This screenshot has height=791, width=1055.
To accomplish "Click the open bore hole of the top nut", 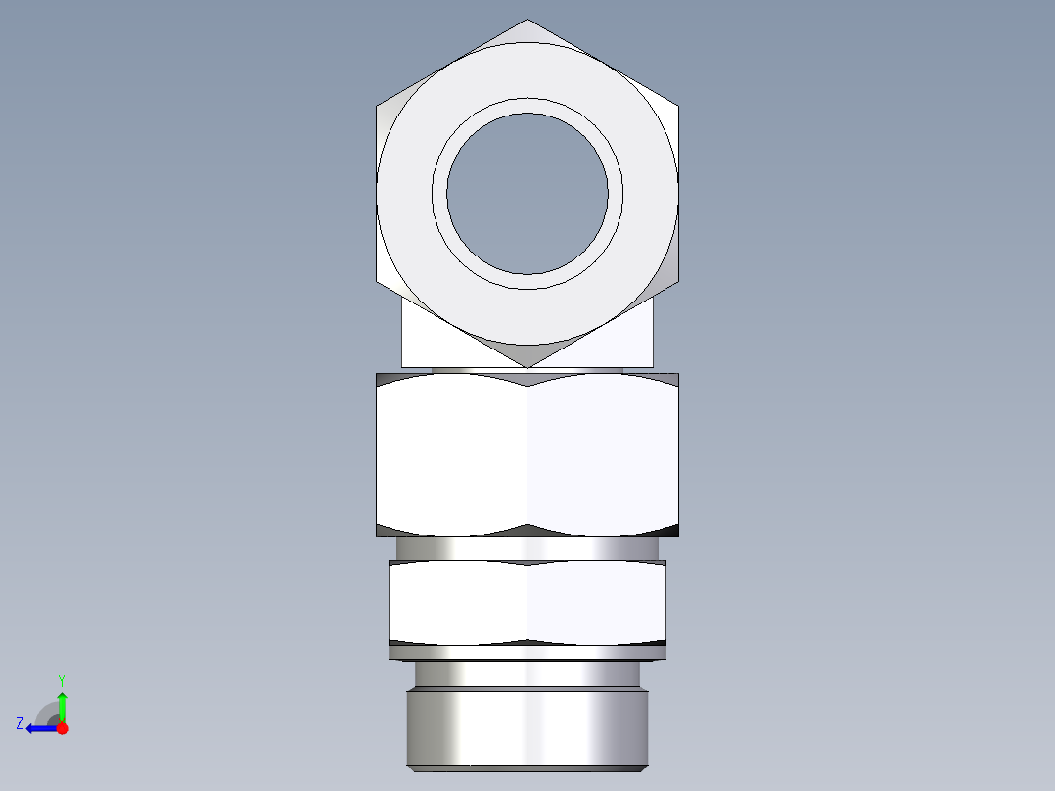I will tap(527, 194).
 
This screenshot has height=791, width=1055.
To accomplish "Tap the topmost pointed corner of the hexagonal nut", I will tap(527, 21).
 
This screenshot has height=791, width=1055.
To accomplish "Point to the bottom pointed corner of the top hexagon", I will tap(527, 366).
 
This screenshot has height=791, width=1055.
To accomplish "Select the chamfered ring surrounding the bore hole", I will tap(527, 106).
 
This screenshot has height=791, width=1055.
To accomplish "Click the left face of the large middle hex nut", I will tap(451, 455).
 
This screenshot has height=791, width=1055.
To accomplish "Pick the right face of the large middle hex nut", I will tap(602, 455).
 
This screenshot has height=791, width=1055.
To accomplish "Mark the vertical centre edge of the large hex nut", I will tap(527, 455).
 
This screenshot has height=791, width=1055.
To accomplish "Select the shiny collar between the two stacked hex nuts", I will tap(527, 548).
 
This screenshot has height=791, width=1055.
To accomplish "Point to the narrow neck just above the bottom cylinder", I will tap(527, 675).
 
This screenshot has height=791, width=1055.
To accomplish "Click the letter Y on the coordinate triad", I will tap(62, 679).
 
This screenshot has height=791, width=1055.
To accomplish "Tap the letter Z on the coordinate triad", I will tap(20, 723).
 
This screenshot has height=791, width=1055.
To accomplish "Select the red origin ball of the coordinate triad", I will tap(62, 728).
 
